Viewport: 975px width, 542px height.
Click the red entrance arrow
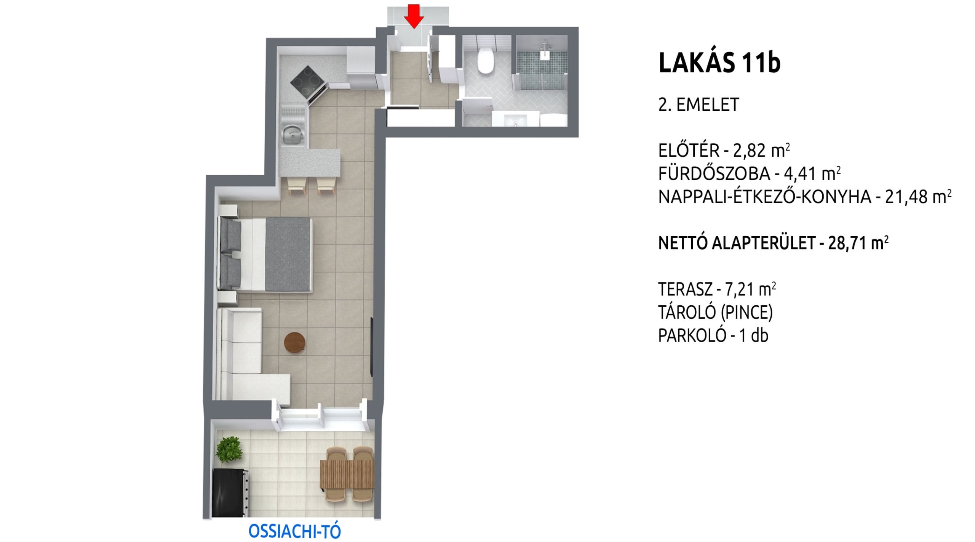[x=414, y=16]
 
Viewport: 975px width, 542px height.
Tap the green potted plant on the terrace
[x=229, y=450]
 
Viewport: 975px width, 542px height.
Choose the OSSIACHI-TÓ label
[x=294, y=531]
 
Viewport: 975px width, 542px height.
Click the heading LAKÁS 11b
[x=719, y=63]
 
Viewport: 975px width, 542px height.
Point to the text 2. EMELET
[x=699, y=104]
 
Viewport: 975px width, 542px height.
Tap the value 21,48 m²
[x=918, y=197]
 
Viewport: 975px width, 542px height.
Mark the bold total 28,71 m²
[x=858, y=243]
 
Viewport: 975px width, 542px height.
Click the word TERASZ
[x=685, y=290]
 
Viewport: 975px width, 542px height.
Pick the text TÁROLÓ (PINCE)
[x=716, y=313]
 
